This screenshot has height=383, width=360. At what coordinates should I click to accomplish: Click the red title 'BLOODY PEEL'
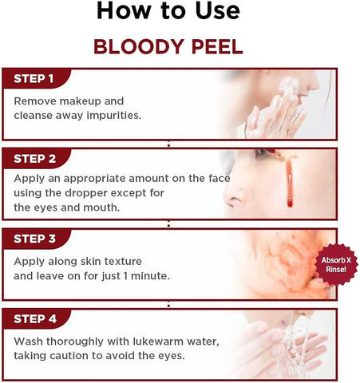[168, 45]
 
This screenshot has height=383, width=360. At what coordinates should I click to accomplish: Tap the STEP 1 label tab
[34, 78]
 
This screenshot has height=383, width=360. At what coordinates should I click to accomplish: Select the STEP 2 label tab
[34, 158]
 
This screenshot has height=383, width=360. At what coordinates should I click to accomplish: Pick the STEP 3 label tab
[34, 239]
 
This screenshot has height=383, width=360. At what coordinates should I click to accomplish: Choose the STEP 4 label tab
[34, 319]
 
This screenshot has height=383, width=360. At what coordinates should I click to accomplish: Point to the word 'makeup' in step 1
[81, 101]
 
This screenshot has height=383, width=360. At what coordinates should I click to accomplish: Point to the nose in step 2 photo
[231, 195]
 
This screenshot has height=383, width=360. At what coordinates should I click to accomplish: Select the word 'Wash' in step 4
[30, 342]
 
